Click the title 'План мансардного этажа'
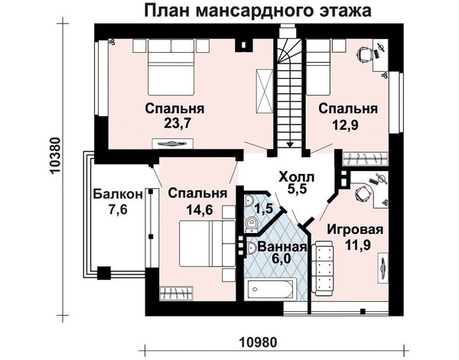[258, 10]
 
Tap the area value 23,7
[177, 123]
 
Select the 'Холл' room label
[297, 177]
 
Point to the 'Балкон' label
[119, 194]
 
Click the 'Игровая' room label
[355, 229]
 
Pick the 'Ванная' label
[282, 247]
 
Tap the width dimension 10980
[258, 342]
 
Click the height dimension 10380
[55, 156]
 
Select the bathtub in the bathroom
[270, 289]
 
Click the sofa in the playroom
[322, 268]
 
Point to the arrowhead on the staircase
[290, 144]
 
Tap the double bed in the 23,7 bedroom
[171, 67]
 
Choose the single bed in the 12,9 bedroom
[318, 68]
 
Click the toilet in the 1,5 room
[251, 225]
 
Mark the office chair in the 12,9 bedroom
[364, 54]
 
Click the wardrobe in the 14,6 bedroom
[177, 294]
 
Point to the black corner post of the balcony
[104, 274]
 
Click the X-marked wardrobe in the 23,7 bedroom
[265, 91]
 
